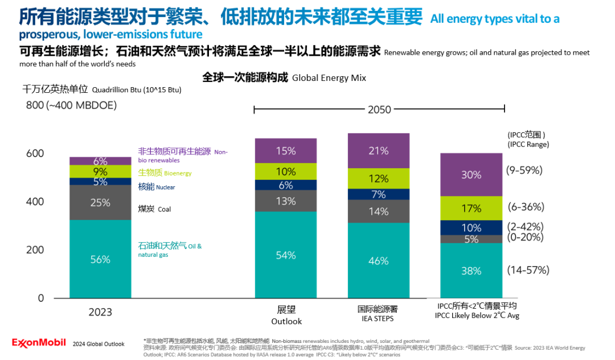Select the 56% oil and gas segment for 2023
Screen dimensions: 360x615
click(x=100, y=259)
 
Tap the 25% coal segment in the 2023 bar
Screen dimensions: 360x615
click(x=100, y=202)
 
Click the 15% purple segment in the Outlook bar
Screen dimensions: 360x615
click(x=285, y=151)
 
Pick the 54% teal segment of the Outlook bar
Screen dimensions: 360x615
click(x=285, y=255)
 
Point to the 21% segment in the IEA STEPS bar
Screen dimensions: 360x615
click(x=378, y=151)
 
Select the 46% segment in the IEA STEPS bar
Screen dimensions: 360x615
click(x=378, y=261)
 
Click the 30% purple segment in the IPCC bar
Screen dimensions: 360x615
click(x=471, y=175)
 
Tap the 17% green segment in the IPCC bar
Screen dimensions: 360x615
click(x=471, y=208)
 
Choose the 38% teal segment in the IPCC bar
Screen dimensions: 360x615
click(x=471, y=271)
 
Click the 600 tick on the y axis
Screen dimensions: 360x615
click(x=35, y=154)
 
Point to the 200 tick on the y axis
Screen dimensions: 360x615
click(x=35, y=250)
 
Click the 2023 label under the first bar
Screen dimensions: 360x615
click(x=100, y=312)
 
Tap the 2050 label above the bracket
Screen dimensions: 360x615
click(x=379, y=109)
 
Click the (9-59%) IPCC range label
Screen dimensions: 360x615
click(x=524, y=170)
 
